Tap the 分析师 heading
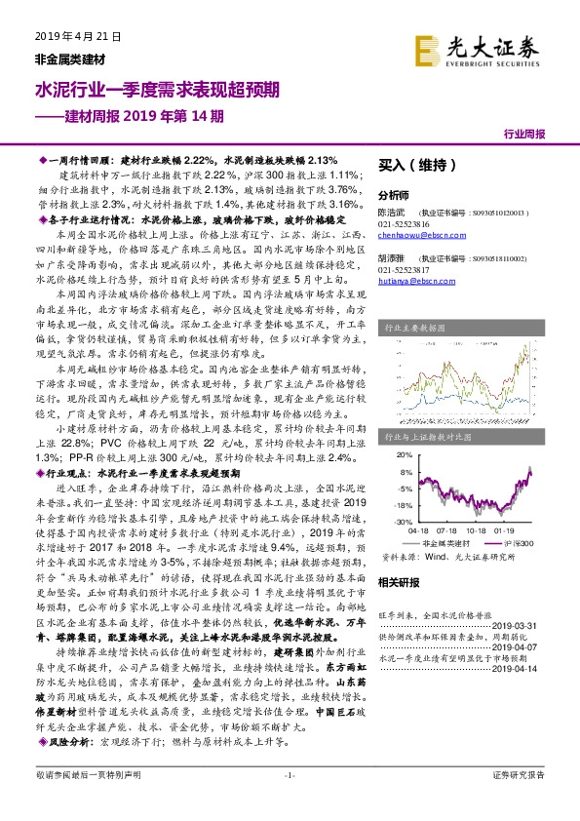[394, 195]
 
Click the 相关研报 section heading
[398, 581]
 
